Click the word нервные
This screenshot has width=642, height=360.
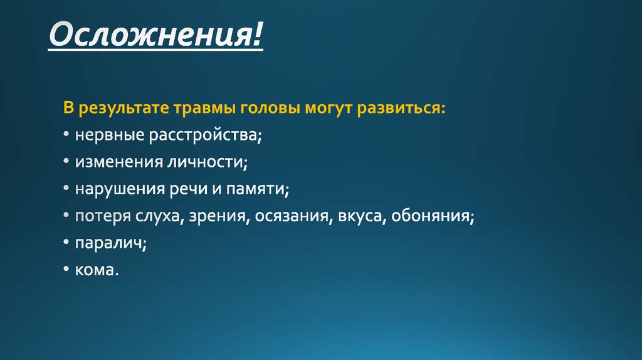tap(110, 135)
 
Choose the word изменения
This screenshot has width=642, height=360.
tap(117, 162)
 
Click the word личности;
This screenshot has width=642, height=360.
tap(207, 162)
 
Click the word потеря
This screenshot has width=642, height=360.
tap(103, 216)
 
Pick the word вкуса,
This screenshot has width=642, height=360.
tap(361, 217)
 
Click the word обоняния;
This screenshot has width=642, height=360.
tap(433, 216)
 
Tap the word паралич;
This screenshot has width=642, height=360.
tap(111, 243)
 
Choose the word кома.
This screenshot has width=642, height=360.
tap(97, 270)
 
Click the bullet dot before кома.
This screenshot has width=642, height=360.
tap(66, 271)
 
